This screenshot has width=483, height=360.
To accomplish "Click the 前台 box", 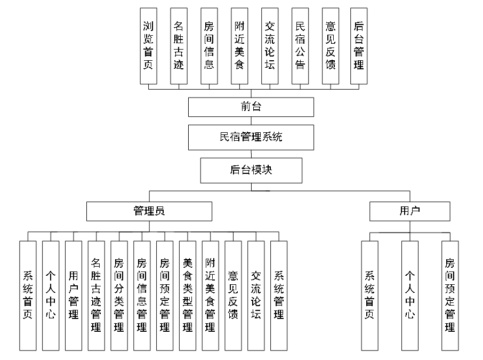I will coord(251,107).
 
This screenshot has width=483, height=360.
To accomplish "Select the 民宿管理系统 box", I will coord(251,137).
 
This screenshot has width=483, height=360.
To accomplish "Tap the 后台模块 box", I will coord(251,170).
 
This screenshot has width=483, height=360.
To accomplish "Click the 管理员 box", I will coord(149,211).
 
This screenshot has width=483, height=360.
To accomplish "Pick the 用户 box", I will coord(409,211).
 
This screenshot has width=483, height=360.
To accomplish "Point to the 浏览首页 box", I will coord(148,46).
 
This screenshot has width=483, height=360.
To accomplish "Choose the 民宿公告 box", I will coord(300,46).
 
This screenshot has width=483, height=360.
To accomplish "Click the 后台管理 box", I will coord(359,46).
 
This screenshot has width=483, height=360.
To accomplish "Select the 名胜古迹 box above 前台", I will coord(179,46).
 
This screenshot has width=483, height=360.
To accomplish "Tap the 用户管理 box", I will coord(73,295).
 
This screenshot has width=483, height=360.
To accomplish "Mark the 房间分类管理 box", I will coord(119,295).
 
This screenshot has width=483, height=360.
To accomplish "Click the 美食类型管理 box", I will coord(188,295).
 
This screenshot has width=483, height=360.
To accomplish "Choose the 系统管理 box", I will coord(279,295).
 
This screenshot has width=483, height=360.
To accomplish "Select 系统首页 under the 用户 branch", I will coord(369,295).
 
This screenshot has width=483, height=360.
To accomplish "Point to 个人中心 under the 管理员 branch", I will coord(50,295).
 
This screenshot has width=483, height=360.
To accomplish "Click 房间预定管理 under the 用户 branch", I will coord(450,295).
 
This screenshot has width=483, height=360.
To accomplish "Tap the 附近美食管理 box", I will coord(211,295).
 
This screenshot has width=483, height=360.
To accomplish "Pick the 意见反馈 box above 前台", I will coord(331,46).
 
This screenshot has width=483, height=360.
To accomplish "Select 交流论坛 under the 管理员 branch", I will coord(256,295).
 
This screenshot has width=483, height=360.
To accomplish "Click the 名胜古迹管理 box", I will coord(96,295).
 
